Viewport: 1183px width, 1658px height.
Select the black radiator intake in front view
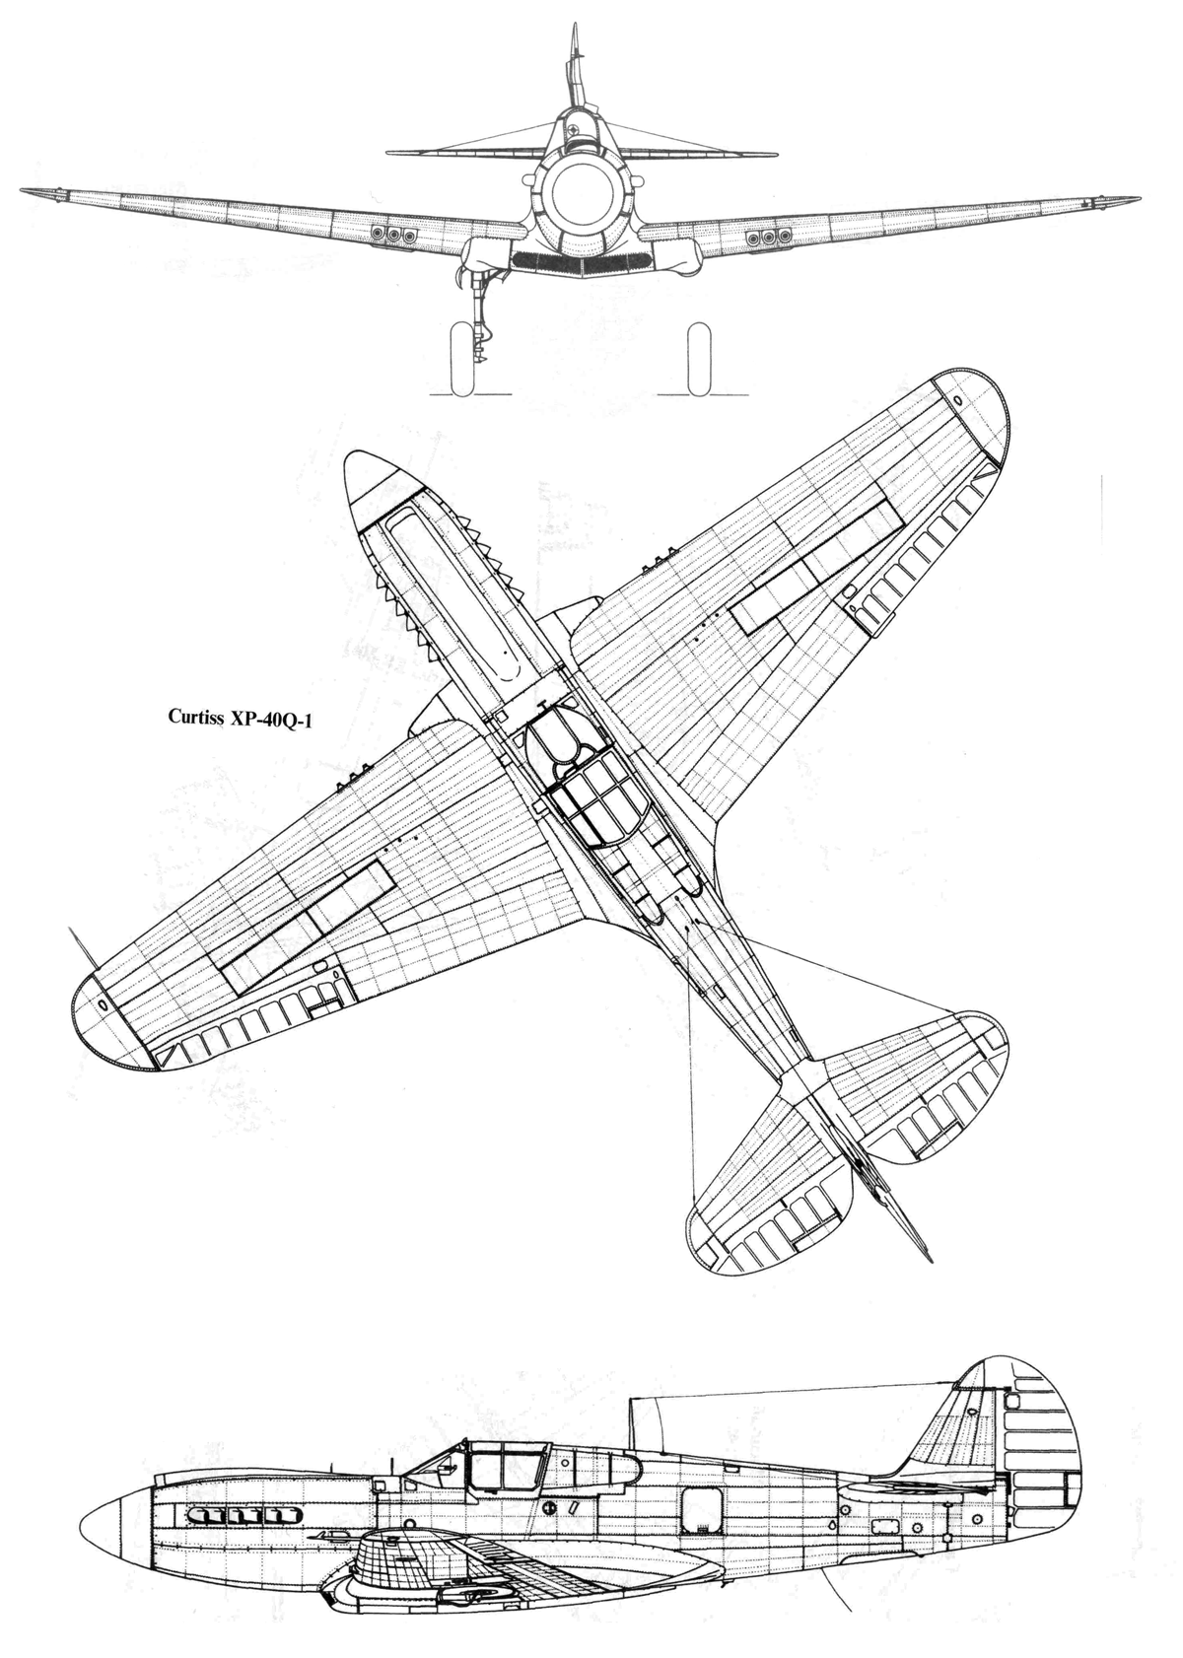pyautogui.click(x=581, y=260)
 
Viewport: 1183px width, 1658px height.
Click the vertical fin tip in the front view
pyautogui.click(x=575, y=27)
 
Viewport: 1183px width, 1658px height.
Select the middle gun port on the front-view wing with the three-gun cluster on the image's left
pyautogui.click(x=392, y=235)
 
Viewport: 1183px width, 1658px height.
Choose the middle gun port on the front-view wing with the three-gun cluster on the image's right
pyautogui.click(x=768, y=237)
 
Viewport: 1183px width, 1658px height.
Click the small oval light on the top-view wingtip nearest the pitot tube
pyautogui.click(x=102, y=1003)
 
